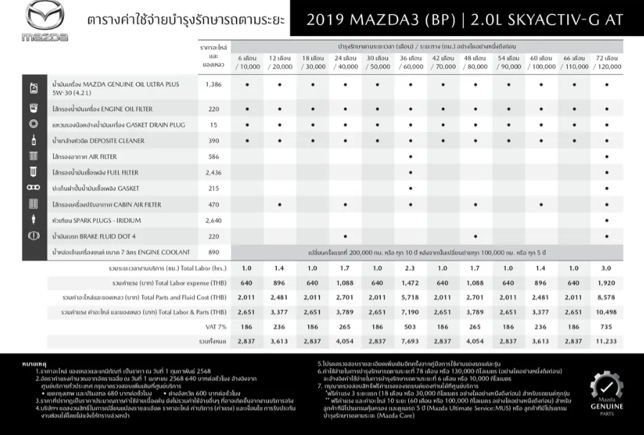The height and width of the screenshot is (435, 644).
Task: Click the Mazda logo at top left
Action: [45, 20]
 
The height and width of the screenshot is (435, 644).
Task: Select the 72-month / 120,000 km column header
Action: [607, 62]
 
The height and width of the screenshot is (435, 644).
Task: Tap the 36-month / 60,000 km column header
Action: [410, 62]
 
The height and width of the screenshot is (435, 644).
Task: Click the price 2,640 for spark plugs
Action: [213, 220]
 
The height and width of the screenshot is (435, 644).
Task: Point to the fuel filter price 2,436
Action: [213, 173]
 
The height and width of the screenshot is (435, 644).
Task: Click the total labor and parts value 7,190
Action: [410, 312]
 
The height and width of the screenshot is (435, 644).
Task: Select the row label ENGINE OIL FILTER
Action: [113, 109]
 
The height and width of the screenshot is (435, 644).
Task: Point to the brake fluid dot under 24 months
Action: [346, 236]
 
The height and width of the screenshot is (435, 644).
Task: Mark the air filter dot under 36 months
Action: [410, 157]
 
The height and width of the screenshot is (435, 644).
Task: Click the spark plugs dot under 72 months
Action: [607, 220]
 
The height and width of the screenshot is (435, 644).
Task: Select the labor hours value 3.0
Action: [607, 267]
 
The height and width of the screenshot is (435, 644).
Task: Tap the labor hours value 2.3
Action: [410, 267]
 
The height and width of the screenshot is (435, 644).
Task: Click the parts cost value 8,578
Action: [607, 297]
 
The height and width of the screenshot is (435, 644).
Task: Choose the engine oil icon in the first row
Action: [33, 88]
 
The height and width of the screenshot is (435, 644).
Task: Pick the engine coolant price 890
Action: [213, 252]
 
